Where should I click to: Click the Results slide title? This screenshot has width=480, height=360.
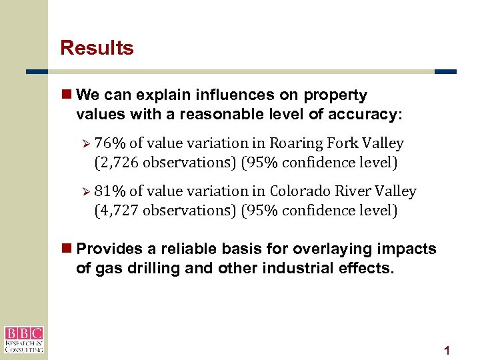(x=97, y=48)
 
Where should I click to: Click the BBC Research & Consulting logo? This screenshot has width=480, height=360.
(x=24, y=339)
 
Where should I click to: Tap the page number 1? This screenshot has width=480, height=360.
(x=447, y=351)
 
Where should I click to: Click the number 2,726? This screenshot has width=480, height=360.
(x=123, y=163)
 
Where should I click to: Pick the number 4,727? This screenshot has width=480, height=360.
(x=123, y=211)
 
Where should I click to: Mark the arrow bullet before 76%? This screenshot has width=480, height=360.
(x=85, y=143)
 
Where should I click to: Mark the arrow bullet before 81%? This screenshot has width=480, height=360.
(x=85, y=191)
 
